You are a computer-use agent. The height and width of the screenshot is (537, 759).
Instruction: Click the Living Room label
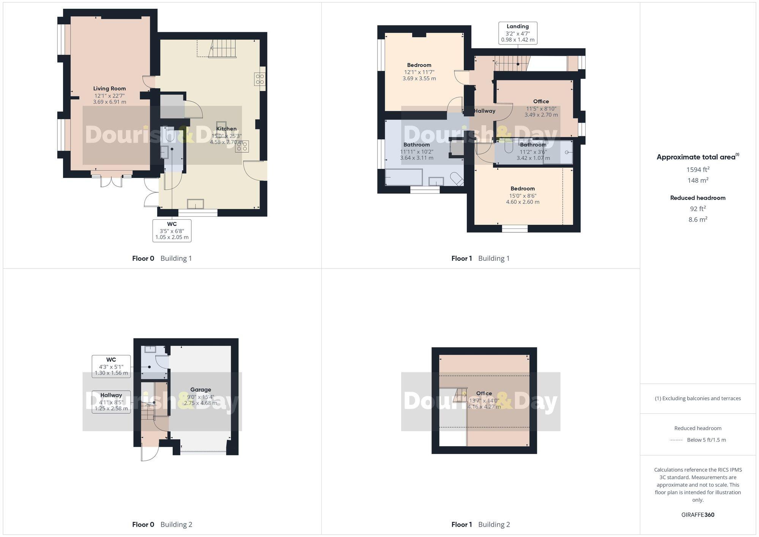pos(110,89)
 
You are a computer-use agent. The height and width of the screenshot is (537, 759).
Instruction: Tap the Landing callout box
pos(518,33)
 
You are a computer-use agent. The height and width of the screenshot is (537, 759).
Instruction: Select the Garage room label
pos(200,390)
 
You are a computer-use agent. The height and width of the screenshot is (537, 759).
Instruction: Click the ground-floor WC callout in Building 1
pos(172,230)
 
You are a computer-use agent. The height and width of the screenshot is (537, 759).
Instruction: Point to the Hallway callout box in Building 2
pos(111,402)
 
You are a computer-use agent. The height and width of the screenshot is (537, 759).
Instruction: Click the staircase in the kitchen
pos(222,49)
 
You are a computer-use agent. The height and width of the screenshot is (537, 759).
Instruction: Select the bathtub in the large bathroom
pos(403,177)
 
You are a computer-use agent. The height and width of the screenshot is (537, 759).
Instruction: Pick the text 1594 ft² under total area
pos(698,170)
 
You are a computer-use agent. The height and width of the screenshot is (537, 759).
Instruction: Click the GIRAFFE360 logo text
pos(698,515)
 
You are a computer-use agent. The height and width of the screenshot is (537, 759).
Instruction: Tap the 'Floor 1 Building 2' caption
pos(480,524)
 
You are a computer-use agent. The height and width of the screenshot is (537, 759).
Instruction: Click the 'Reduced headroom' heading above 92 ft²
pos(698,198)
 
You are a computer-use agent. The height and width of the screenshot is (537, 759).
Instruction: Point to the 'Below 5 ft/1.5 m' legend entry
pos(706,440)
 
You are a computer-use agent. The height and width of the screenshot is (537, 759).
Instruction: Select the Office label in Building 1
pos(541,101)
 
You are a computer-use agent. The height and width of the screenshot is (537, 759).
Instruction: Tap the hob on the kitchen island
pos(242,146)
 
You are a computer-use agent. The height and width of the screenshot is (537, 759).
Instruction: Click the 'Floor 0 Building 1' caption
pos(162,258)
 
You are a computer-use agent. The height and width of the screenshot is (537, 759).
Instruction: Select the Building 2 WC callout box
pos(111,366)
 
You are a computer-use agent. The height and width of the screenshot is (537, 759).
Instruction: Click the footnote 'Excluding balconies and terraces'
pos(698,398)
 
